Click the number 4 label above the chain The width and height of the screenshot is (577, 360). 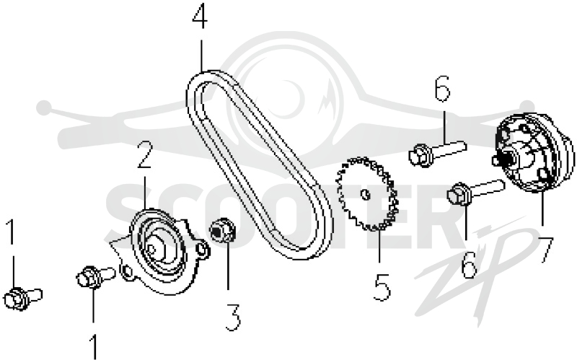pyautogui.click(x=200, y=17)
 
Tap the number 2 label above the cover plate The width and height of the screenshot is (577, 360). pyautogui.click(x=145, y=155)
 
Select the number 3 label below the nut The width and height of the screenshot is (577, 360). pyautogui.click(x=233, y=317)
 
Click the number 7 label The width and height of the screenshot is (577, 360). pyautogui.click(x=545, y=250)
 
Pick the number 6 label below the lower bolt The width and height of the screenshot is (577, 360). pyautogui.click(x=468, y=265)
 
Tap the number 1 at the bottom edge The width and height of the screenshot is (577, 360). pyautogui.click(x=94, y=346)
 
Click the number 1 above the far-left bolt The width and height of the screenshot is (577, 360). pyautogui.click(x=12, y=232)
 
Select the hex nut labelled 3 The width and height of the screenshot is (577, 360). pyautogui.click(x=223, y=230)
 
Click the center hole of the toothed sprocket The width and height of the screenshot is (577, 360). pyautogui.click(x=365, y=194)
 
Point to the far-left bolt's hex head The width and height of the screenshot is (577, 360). pyautogui.click(x=15, y=298)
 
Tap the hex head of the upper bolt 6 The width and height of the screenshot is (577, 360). pyautogui.click(x=420, y=155)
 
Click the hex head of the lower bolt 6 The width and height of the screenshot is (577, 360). pyautogui.click(x=458, y=194)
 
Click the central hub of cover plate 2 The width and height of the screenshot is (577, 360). pyautogui.click(x=154, y=249)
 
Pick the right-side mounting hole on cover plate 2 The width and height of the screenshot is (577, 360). pyautogui.click(x=201, y=250)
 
